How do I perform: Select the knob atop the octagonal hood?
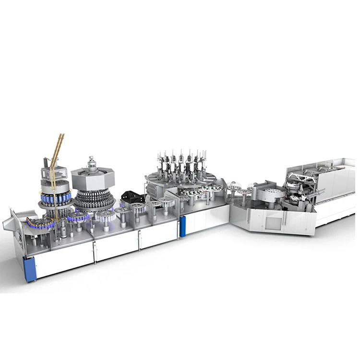[x=91, y=158]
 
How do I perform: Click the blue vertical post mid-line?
[x=182, y=226]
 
